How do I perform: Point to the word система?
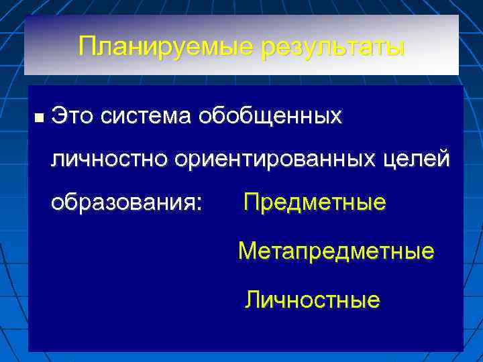pos(143,117)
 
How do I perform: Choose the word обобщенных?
pos(268,117)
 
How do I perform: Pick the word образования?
pos(123,203)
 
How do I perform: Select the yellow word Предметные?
pos(315,202)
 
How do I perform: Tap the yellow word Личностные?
pos(313,299)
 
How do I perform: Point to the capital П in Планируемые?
pos(87,47)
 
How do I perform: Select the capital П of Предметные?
pos(251,202)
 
